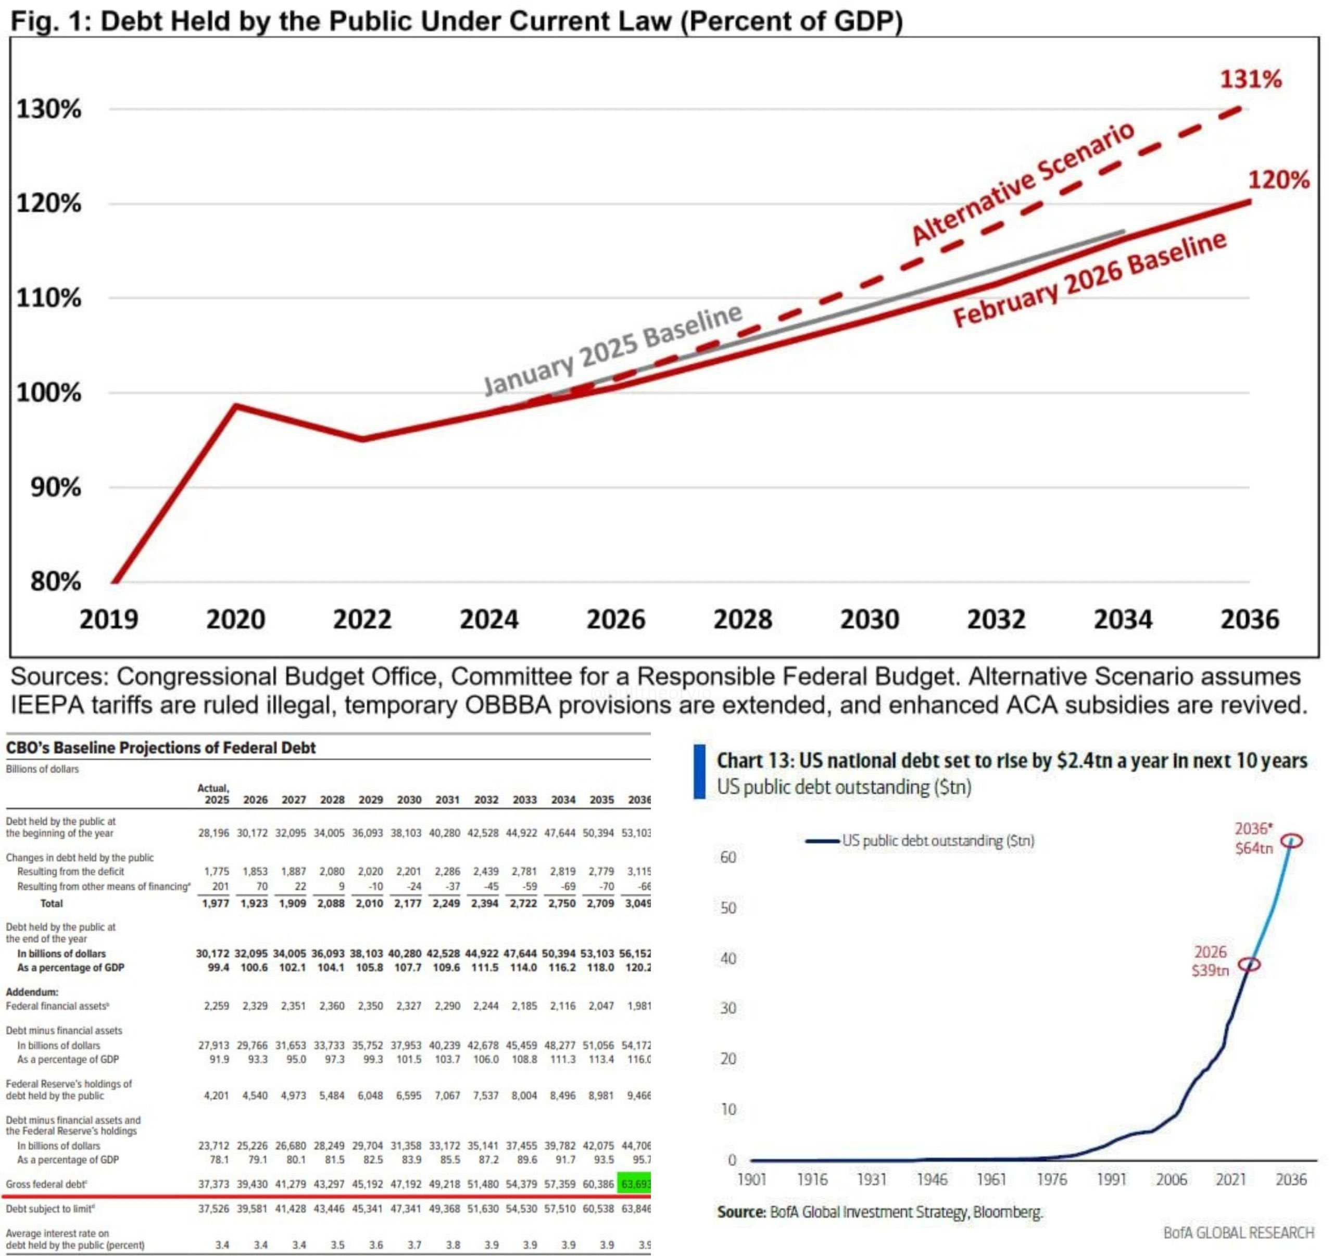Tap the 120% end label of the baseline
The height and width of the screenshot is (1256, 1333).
(x=1278, y=180)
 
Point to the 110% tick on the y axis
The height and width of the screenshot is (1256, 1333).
(x=48, y=298)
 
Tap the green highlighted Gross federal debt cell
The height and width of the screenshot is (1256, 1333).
(x=634, y=1184)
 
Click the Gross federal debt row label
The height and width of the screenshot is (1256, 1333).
(x=46, y=1184)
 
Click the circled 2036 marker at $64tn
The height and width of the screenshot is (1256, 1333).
(x=1293, y=840)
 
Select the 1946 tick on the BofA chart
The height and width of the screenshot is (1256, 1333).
(x=932, y=1179)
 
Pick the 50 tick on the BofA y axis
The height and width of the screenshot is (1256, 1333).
(x=728, y=908)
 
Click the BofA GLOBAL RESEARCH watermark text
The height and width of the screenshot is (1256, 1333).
(x=1238, y=1233)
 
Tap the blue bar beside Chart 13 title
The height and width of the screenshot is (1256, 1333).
(x=699, y=771)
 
